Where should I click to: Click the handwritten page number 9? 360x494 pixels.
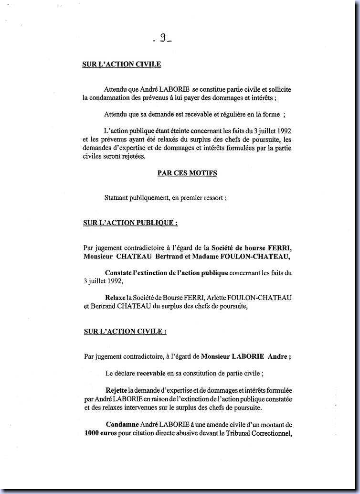[162, 39]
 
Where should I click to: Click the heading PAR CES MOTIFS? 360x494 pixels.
[187, 173]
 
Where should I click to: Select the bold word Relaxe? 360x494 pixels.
[115, 298]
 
